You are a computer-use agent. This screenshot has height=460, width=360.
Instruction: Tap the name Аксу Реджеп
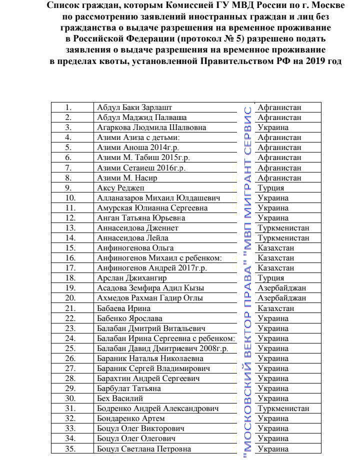tap(120, 188)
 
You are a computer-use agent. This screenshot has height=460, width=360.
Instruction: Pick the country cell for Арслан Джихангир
tap(270, 278)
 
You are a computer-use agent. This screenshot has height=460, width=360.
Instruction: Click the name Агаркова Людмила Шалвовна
tap(151, 127)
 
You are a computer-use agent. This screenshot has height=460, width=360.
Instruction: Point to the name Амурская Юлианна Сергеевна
tap(152, 208)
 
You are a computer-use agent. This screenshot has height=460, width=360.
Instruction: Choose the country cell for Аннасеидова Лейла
tap(283, 238)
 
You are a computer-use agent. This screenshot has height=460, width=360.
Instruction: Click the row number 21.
tap(70, 308)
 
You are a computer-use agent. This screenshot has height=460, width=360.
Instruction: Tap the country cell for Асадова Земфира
tap(281, 288)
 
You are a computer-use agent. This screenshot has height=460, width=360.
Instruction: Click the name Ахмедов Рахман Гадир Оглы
tap(150, 298)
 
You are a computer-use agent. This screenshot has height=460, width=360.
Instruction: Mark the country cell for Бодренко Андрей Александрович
tap(283, 408)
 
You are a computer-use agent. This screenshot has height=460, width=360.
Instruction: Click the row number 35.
tap(70, 448)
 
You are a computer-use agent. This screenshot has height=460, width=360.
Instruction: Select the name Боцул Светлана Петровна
tap(144, 448)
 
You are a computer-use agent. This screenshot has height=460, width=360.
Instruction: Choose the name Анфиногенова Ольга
tap(135, 248)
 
